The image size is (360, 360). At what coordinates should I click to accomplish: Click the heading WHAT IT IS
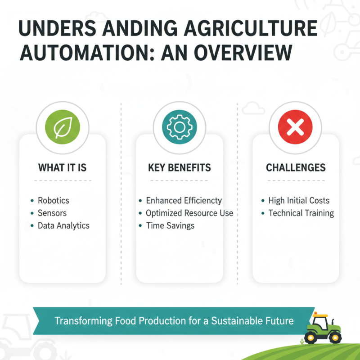coord(63,168)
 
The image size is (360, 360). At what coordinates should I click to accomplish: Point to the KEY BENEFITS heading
coord(179,168)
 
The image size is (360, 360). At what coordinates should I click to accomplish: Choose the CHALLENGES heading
coord(296,168)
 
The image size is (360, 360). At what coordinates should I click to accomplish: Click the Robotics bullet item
coord(53,201)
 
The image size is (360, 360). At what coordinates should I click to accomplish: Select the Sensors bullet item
coord(52,213)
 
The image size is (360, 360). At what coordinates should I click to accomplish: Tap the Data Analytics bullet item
coord(63,225)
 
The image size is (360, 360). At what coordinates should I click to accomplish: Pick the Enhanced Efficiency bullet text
coord(184,201)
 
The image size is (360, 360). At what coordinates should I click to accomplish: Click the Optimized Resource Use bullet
coord(189,213)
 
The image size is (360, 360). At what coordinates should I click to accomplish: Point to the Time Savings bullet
coord(170,225)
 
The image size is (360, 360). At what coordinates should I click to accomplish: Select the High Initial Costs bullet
coord(299,201)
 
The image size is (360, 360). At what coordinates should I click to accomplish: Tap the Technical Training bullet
coord(301,213)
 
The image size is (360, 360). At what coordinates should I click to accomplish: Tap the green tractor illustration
coord(323,328)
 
